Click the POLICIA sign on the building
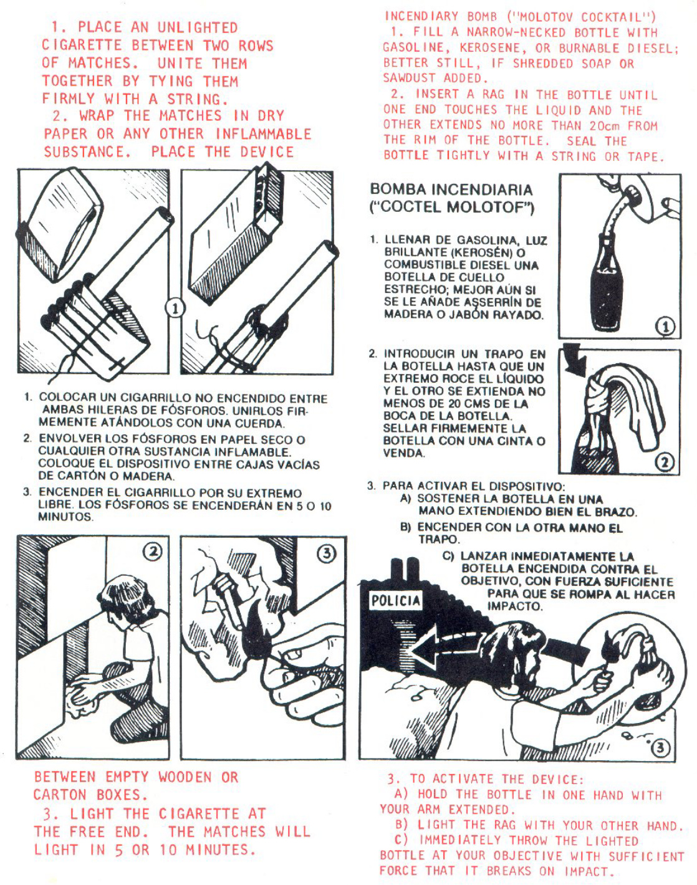pyautogui.click(x=396, y=601)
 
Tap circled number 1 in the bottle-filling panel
pyautogui.click(x=665, y=327)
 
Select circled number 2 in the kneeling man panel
pyautogui.click(x=153, y=552)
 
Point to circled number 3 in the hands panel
pyautogui.click(x=326, y=553)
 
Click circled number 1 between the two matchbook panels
pyautogui.click(x=175, y=309)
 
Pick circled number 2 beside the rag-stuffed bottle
pyautogui.click(x=665, y=461)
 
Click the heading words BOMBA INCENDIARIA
pyautogui.click(x=451, y=189)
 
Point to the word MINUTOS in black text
pyautogui.click(x=65, y=517)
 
